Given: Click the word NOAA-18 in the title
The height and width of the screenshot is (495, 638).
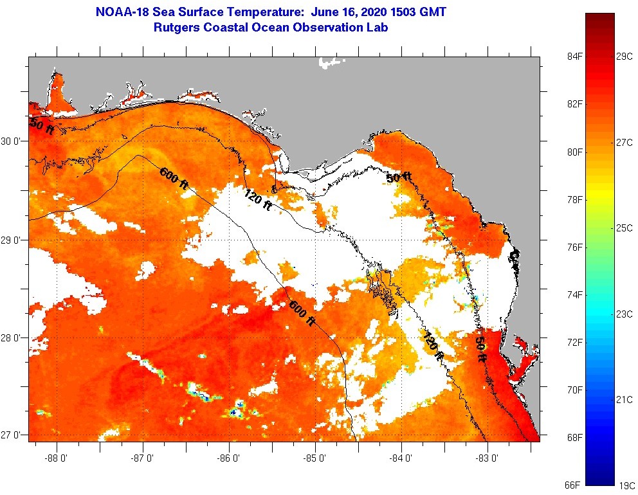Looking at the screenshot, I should [121, 12].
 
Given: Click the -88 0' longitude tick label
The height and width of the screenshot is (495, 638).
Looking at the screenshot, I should [57, 458].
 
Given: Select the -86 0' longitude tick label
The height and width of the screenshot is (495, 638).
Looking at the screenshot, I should [229, 458].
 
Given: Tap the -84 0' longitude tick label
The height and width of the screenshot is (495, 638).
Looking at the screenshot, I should [401, 458].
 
